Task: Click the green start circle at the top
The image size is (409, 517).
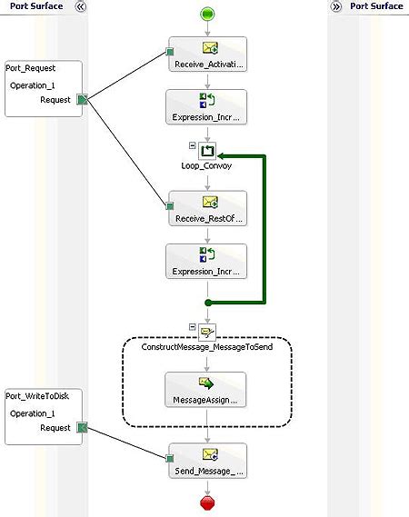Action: (x=206, y=14)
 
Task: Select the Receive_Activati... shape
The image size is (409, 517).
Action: (x=207, y=54)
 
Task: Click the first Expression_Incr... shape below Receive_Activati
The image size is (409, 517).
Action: (x=207, y=106)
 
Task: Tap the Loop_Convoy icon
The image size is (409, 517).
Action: (x=207, y=150)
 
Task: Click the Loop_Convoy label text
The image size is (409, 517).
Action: (x=207, y=167)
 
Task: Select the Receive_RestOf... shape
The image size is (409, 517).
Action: (x=207, y=208)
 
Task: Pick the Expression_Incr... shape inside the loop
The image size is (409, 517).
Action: (x=207, y=261)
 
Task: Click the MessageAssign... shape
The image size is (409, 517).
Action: (x=207, y=389)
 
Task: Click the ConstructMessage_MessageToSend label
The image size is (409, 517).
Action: (x=207, y=347)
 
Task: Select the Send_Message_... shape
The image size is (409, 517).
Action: (x=207, y=462)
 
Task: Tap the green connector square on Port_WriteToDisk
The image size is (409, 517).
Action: (x=82, y=428)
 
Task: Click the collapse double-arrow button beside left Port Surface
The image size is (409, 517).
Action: (x=79, y=6)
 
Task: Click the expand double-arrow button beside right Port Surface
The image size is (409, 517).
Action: (x=336, y=6)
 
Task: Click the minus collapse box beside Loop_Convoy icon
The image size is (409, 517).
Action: (x=192, y=144)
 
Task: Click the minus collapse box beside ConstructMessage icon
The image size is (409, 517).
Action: (x=192, y=325)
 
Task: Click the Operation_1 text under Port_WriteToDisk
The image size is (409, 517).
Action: (x=34, y=413)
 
